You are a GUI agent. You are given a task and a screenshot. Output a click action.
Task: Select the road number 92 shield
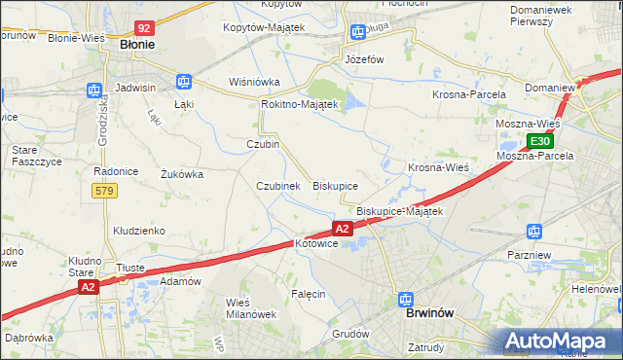143,29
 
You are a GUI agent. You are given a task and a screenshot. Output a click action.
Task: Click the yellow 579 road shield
106,191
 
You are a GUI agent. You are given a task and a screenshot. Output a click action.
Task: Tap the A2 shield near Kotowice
342,229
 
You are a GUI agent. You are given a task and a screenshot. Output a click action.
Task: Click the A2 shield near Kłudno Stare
89,287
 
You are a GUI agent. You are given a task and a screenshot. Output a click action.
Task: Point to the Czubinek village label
277,186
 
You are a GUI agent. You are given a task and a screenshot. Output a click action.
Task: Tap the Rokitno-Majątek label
299,104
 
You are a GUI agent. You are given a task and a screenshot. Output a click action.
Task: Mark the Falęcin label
308,293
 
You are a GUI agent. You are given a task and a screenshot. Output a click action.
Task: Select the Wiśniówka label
254,82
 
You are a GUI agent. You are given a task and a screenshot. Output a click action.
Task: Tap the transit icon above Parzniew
532,232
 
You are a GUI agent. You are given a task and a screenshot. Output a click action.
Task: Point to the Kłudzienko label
138,231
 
